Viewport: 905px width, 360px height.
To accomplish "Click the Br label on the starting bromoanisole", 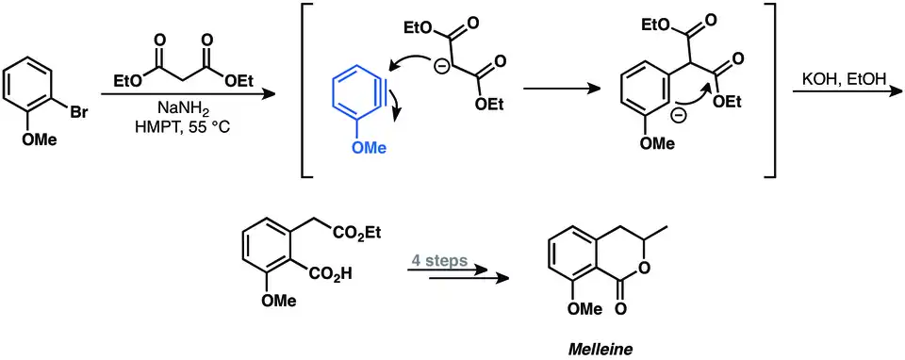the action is tap(79, 112).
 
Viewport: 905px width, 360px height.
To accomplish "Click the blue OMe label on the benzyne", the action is tap(369, 148).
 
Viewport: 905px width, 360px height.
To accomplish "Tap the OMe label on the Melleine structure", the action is tap(584, 309).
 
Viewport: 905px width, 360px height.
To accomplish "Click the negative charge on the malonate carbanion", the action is tap(440, 65).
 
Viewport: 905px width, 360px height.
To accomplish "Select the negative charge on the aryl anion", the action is tap(678, 115).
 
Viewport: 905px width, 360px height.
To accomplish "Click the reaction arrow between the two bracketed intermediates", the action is tap(559, 89).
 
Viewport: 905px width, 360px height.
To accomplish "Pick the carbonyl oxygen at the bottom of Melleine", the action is tap(620, 309).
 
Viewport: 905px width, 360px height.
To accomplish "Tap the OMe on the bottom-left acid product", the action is tap(281, 301).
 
